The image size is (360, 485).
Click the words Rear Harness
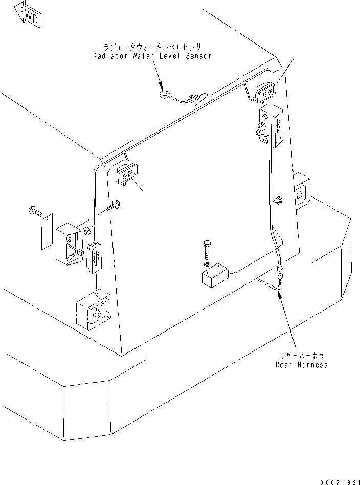click(301, 365)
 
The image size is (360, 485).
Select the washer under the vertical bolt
click(206, 264)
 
